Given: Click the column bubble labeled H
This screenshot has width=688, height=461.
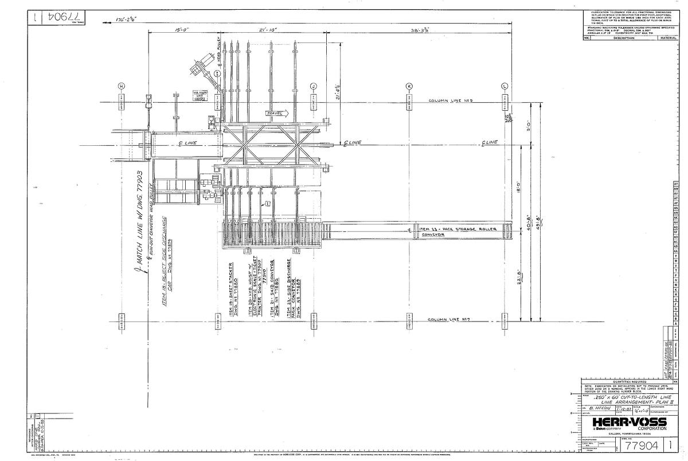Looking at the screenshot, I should click(121, 86).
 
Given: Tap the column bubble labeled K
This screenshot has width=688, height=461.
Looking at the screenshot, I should click(409, 86).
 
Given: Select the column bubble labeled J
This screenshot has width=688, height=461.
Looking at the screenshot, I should click(314, 86).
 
